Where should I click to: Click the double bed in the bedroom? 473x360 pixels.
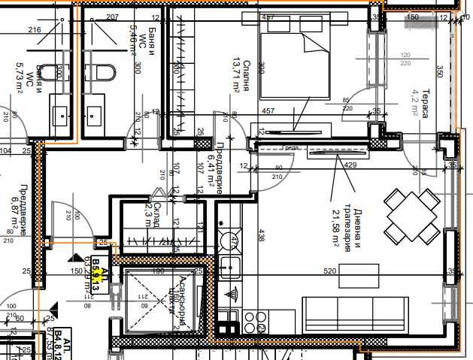pos(295,63)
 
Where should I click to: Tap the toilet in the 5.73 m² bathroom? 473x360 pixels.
pos(50,74)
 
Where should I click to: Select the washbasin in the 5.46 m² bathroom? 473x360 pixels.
pos(95,115)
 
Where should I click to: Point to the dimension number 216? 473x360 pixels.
pos(34,30)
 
